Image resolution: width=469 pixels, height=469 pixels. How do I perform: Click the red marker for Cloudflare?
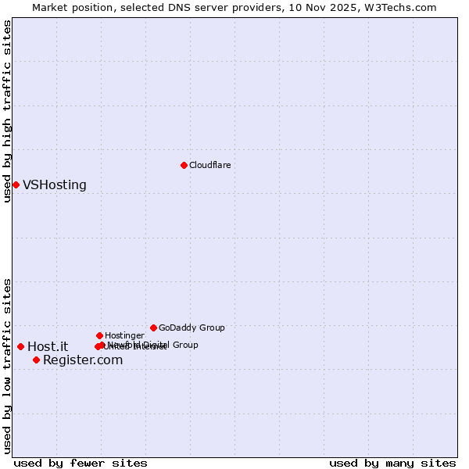pyautogui.click(x=184, y=165)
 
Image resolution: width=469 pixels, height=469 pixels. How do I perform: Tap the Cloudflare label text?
pyautogui.click(x=209, y=166)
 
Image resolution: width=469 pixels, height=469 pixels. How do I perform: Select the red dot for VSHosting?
pyautogui.click(x=16, y=184)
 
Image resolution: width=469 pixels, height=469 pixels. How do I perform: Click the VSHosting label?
pyautogui.click(x=54, y=185)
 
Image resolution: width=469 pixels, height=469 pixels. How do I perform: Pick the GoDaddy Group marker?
pyautogui.click(x=153, y=328)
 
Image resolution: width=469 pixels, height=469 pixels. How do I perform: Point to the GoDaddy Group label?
pyautogui.click(x=192, y=328)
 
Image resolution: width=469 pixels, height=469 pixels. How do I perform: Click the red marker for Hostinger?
pyautogui.click(x=99, y=335)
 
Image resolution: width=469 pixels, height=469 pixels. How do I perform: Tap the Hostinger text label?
pyautogui.click(x=124, y=336)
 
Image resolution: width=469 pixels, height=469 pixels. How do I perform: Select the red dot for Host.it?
pyautogui.click(x=20, y=346)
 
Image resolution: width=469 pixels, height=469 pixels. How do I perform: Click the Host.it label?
pyautogui.click(x=48, y=347)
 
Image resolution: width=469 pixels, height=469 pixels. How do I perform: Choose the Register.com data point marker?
pyautogui.click(x=36, y=360)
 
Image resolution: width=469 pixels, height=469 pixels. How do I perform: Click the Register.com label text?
pyautogui.click(x=83, y=360)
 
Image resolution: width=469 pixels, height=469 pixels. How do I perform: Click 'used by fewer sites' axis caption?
pyautogui.click(x=81, y=464)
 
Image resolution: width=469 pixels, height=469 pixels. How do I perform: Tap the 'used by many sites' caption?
pyautogui.click(x=392, y=464)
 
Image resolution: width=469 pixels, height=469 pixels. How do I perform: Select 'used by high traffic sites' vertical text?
pyautogui.click(x=7, y=111)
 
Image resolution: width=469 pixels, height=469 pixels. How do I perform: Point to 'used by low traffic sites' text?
pyautogui.click(x=7, y=366)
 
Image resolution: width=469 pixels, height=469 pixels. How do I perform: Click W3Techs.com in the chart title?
pyautogui.click(x=402, y=7)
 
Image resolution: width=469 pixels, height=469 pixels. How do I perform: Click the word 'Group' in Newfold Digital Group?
pyautogui.click(x=185, y=345)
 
